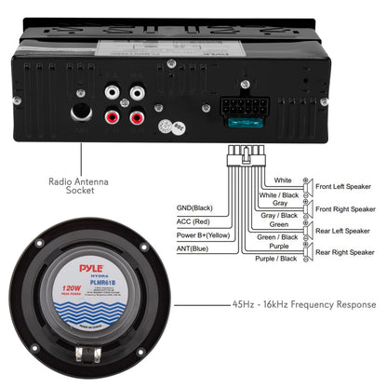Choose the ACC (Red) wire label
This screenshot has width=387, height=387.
[194, 221]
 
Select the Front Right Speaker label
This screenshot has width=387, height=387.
[347, 209]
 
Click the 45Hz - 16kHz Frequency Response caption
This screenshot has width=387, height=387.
[304, 304]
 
